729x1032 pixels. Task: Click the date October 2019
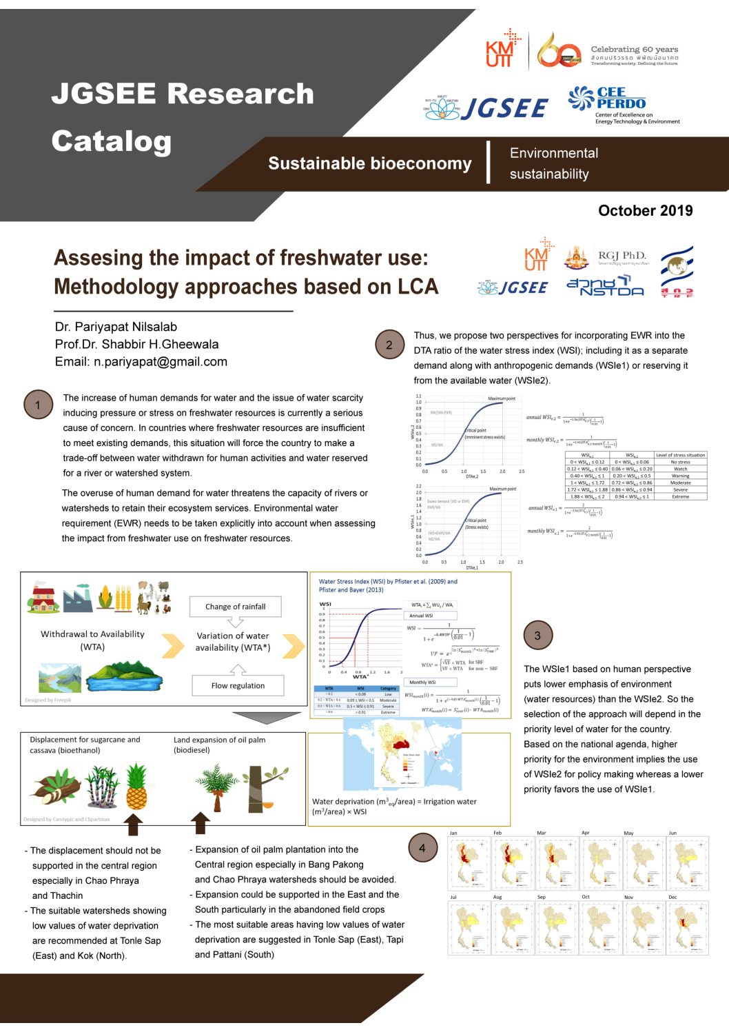(645, 211)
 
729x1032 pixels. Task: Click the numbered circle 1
(38, 405)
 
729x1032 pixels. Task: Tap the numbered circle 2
(389, 345)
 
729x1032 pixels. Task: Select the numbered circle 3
(537, 636)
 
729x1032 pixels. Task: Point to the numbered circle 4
(422, 848)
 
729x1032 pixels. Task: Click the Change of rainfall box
(235, 607)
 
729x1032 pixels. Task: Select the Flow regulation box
(238, 685)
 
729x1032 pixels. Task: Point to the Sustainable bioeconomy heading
(369, 163)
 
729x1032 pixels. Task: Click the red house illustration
(43, 597)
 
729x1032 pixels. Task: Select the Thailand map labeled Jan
(469, 862)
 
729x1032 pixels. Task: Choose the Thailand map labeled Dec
(688, 927)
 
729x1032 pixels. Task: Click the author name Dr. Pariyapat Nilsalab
(116, 327)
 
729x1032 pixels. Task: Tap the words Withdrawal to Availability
(92, 634)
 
